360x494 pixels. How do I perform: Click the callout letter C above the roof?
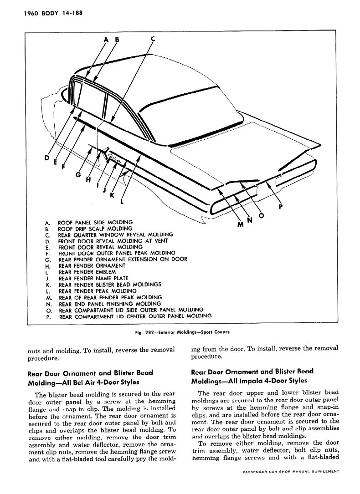click(x=153, y=39)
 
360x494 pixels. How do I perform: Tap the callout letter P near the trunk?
click(x=281, y=205)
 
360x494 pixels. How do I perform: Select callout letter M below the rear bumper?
click(x=241, y=224)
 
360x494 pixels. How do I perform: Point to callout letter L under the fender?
click(x=123, y=200)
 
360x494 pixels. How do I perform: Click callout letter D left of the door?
click(x=46, y=158)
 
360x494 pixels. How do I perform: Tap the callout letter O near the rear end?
click(x=262, y=216)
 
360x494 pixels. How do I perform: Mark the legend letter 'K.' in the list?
click(x=48, y=285)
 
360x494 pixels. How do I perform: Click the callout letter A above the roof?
click(x=107, y=40)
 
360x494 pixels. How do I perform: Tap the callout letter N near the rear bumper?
click(x=250, y=220)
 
